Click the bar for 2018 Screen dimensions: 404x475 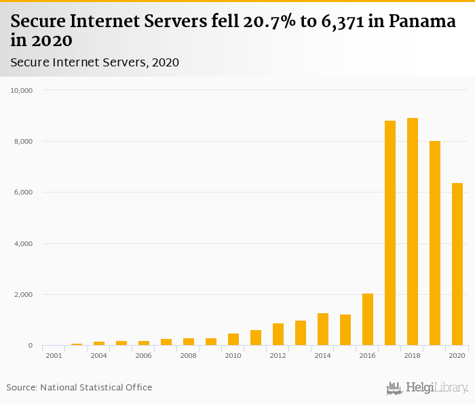[413, 232]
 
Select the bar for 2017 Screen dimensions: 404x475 [390, 233]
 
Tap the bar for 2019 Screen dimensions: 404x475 [435, 243]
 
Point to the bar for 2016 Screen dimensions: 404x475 [368, 319]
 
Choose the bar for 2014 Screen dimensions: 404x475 [323, 329]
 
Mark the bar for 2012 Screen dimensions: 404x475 [278, 334]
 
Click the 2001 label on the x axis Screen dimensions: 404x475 [54, 356]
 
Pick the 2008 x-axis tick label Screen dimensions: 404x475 [189, 356]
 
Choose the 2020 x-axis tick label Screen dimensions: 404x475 [457, 356]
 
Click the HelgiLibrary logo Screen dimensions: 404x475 [427, 388]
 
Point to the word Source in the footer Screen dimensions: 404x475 [21, 388]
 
